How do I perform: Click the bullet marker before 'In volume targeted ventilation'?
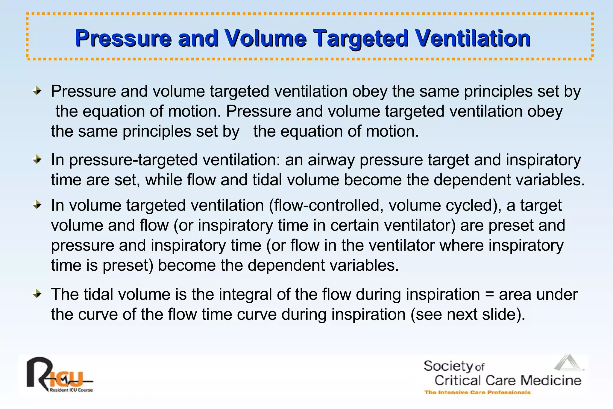[x=37, y=205]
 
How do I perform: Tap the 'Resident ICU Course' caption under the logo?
[x=71, y=390]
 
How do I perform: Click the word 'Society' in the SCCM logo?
[x=448, y=366]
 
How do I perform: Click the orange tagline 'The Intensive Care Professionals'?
[x=477, y=392]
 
